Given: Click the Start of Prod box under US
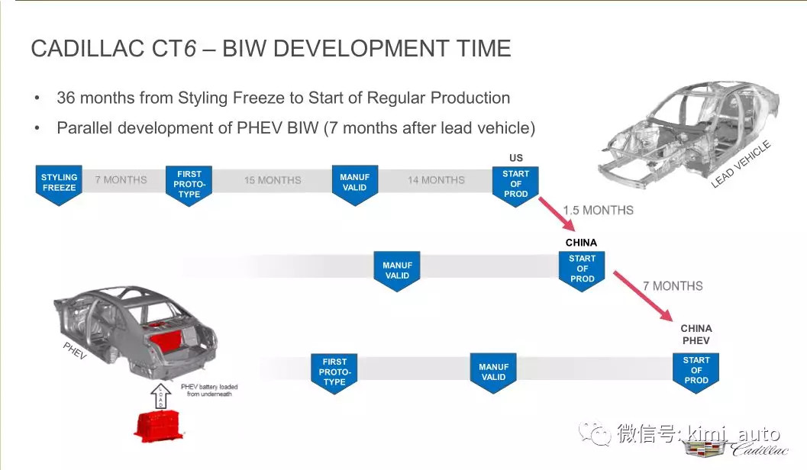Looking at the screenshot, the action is point(515,186).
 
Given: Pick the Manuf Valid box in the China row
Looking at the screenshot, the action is point(397,271).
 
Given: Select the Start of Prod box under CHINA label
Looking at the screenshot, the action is point(582,271).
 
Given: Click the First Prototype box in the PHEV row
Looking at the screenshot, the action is point(334,373).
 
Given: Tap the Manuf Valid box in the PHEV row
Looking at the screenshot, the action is point(493,373).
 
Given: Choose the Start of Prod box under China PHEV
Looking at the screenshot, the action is point(696,372).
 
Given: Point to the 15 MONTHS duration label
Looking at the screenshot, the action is point(273,180).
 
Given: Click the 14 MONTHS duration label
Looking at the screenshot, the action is point(436,180).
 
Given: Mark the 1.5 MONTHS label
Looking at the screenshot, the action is point(598,211).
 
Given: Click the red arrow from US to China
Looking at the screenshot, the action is point(557,214).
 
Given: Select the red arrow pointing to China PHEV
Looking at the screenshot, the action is point(643,296).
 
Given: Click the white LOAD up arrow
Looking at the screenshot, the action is point(160,397).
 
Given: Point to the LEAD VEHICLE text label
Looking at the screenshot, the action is point(741,163).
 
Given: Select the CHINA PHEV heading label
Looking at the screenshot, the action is point(696,334).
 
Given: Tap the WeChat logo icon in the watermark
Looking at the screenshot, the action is point(595,433).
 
